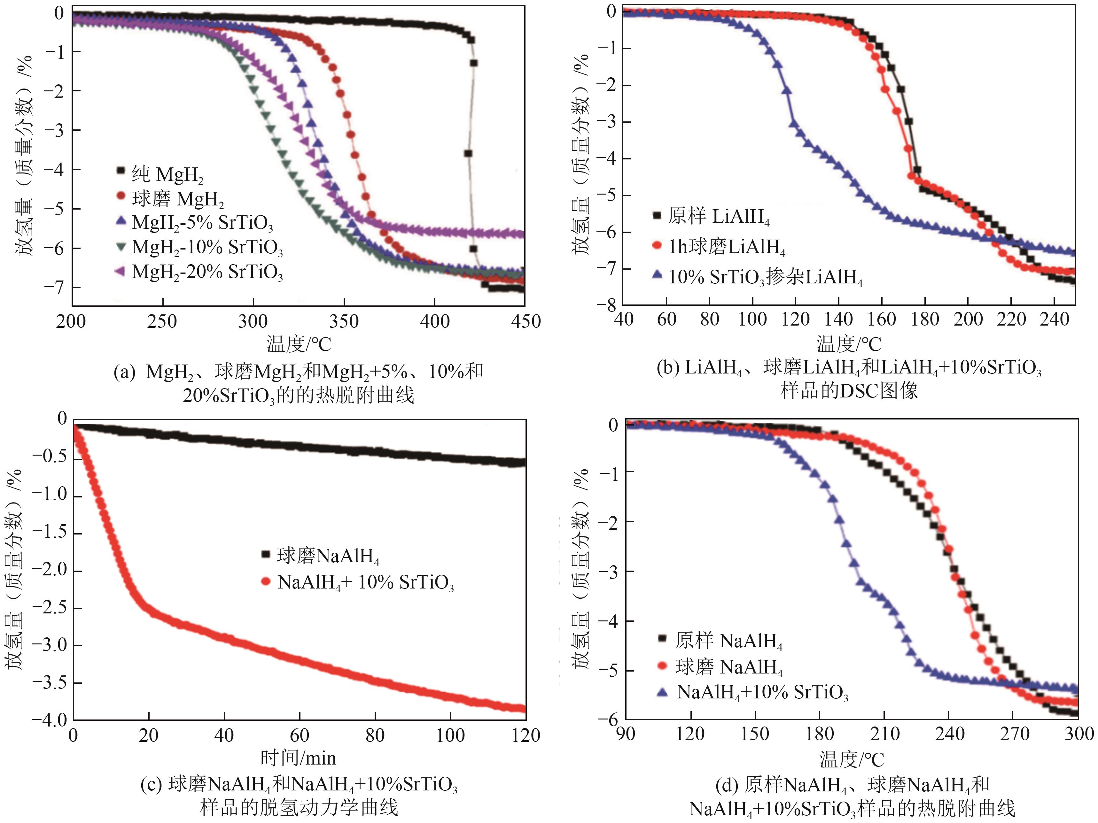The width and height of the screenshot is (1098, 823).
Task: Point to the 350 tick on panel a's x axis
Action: [x=344, y=321]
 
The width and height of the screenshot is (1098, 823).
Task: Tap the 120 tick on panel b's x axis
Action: [x=795, y=319]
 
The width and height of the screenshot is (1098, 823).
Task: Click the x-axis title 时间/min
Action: [x=298, y=758]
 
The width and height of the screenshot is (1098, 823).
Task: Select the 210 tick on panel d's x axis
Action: [x=884, y=733]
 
